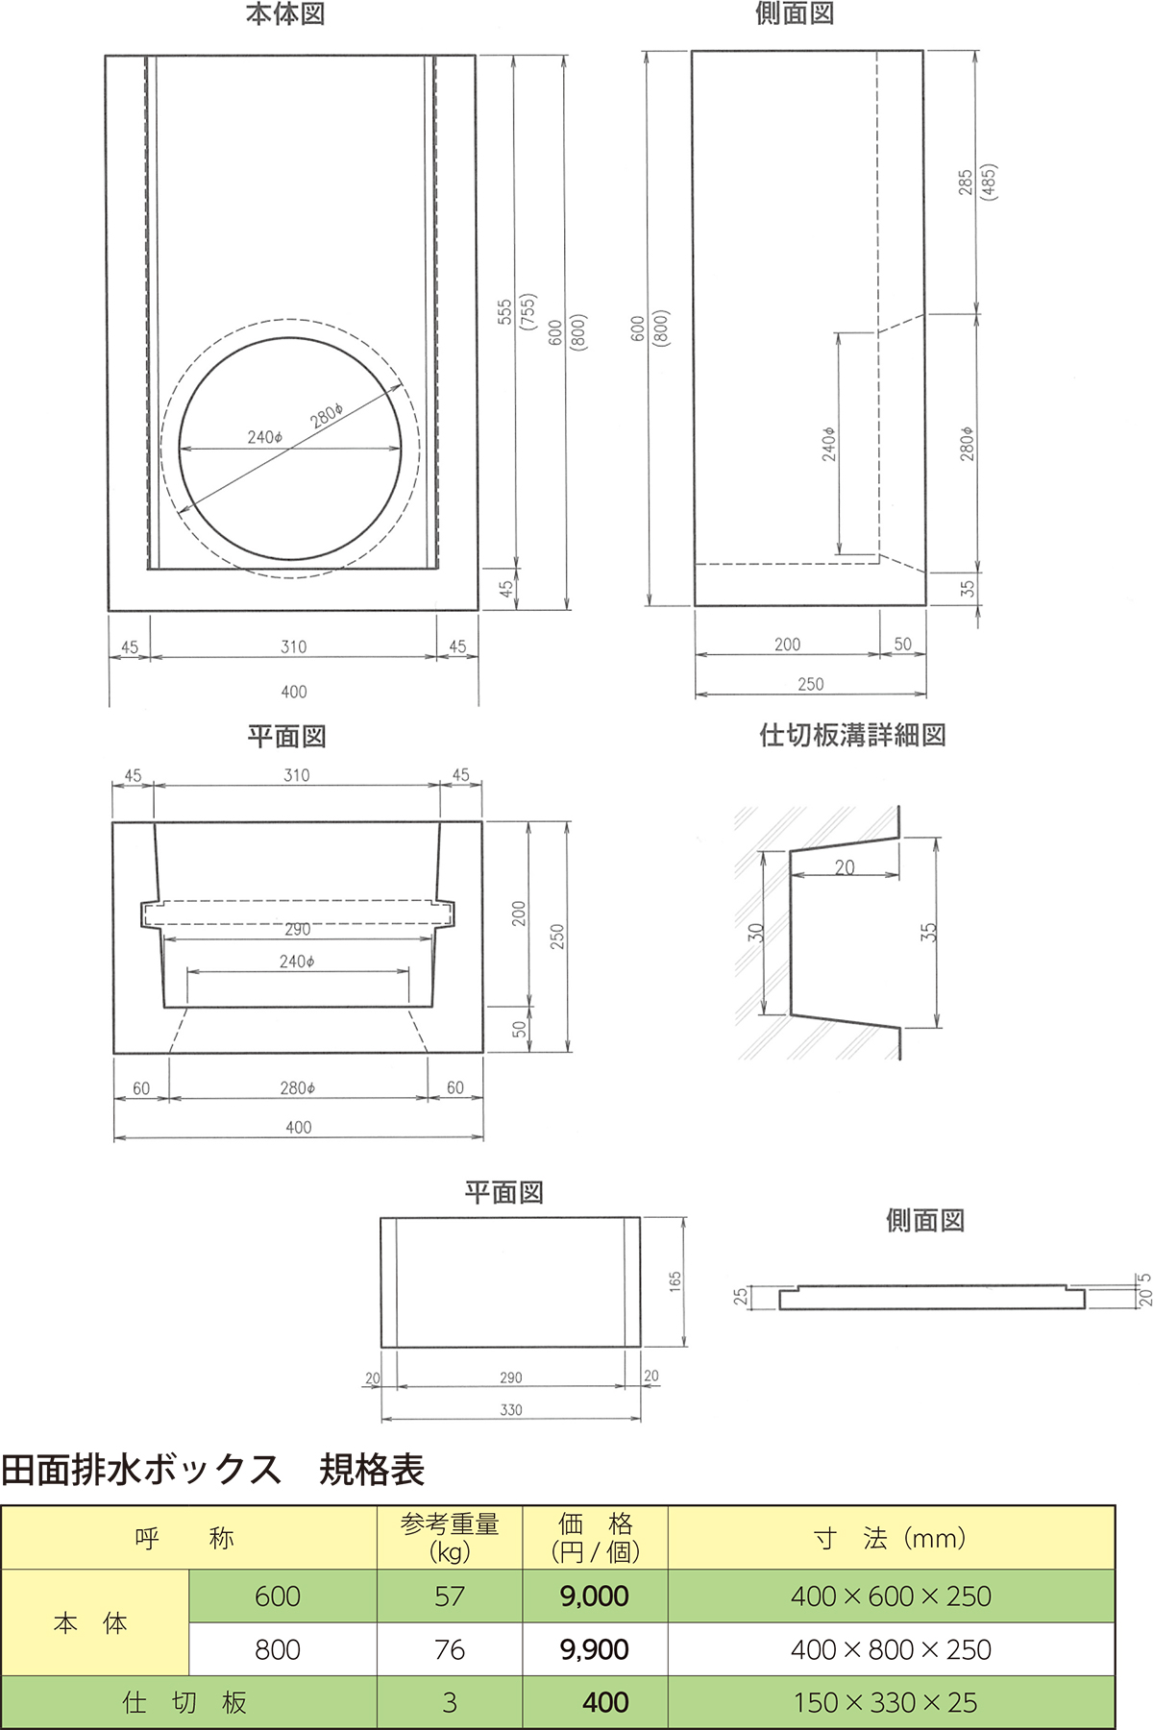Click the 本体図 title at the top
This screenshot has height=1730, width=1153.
point(285,14)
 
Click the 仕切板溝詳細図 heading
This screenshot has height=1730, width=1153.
point(852,736)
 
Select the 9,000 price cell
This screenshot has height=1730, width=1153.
point(595,1596)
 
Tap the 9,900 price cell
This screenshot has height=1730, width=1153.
point(595,1649)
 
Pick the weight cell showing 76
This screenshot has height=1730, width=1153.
point(450,1649)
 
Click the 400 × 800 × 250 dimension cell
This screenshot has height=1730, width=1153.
point(891,1649)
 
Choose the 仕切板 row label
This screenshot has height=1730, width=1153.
point(186,1702)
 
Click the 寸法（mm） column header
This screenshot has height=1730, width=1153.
point(891,1538)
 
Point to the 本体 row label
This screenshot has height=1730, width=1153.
point(91,1623)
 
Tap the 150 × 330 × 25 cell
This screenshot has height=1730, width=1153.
point(886,1702)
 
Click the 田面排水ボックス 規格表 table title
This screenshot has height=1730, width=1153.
point(212,1470)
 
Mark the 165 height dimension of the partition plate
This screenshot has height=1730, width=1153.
point(675,1281)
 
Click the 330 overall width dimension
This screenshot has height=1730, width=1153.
point(511,1410)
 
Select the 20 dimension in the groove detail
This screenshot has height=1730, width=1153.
point(845,867)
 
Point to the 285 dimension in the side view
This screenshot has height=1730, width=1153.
point(966,183)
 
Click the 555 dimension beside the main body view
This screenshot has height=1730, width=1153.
point(505,312)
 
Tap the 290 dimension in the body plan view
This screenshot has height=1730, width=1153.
point(298,929)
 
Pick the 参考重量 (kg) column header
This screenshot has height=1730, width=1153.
point(450,1538)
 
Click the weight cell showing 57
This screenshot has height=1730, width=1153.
point(450,1596)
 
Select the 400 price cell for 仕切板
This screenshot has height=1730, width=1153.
point(604,1702)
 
